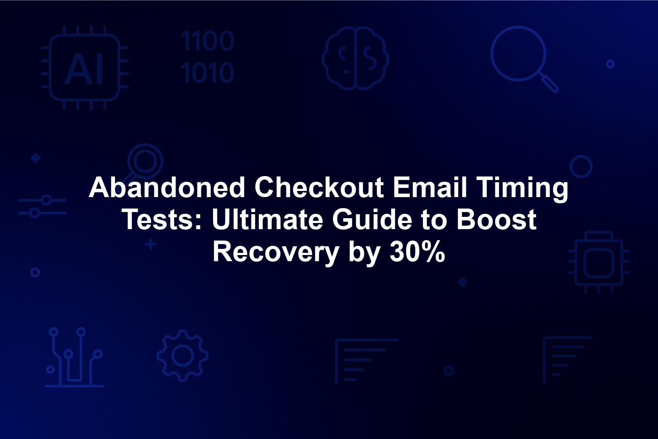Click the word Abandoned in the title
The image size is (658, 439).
[x=167, y=187]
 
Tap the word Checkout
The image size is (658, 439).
[x=319, y=187]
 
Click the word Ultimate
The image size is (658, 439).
[x=267, y=219]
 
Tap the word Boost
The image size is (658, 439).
[x=497, y=219]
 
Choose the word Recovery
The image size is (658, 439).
[x=275, y=253]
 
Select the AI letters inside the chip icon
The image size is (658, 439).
[x=84, y=69]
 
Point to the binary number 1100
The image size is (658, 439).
[x=207, y=41]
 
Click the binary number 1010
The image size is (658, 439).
[x=207, y=72]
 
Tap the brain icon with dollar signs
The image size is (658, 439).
[x=355, y=58]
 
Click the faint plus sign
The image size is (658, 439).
[x=150, y=245]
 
